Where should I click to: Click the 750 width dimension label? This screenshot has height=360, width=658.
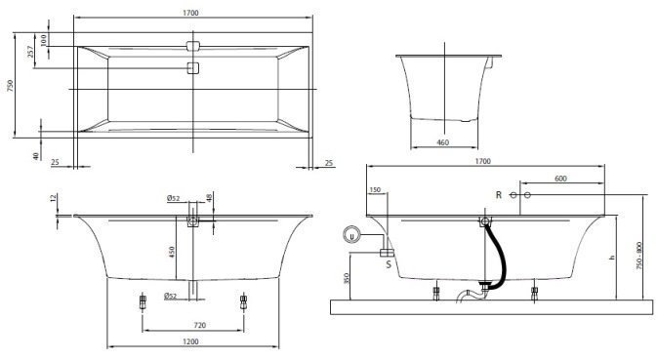tap(11, 86)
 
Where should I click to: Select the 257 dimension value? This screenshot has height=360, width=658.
tap(30, 52)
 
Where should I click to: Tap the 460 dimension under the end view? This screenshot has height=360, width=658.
tap(442, 142)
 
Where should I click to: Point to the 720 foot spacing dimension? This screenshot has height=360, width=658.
tap(200, 325)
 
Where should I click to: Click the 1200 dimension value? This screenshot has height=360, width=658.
tap(191, 342)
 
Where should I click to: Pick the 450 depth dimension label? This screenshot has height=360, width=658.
tap(171, 252)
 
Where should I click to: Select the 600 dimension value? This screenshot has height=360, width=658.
tap(560, 179)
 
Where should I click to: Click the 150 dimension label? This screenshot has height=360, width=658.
tap(375, 190)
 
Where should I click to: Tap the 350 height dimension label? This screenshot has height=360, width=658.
tap(347, 278)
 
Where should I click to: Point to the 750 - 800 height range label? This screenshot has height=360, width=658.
tap(638, 256)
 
